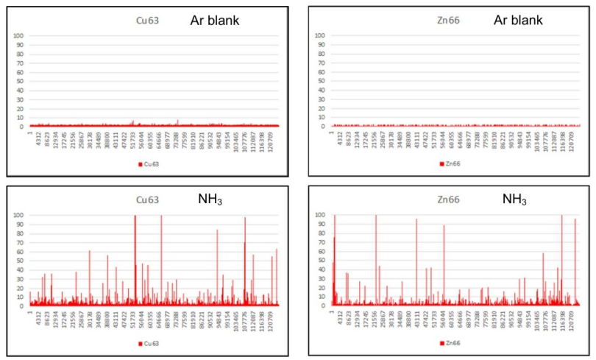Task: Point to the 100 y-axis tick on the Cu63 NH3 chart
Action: pos(20,215)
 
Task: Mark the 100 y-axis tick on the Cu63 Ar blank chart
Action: pos(20,36)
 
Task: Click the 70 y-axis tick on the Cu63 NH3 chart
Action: pos(21,242)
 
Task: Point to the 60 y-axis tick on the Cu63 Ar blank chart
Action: pos(21,72)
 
